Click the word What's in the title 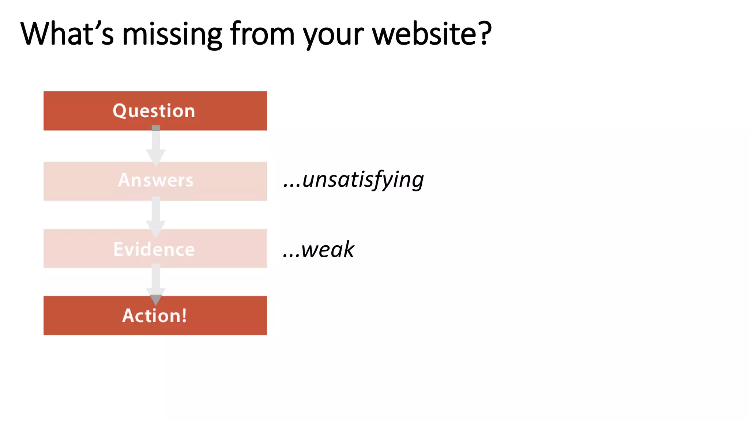67,34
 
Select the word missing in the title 172,34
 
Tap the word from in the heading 262,34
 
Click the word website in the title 425,34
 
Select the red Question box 155,111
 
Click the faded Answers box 155,181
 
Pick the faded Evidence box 155,249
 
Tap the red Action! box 155,315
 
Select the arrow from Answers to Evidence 156,216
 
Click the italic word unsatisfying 363,180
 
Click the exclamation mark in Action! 184,315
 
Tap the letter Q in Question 119,111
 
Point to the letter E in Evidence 118,249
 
